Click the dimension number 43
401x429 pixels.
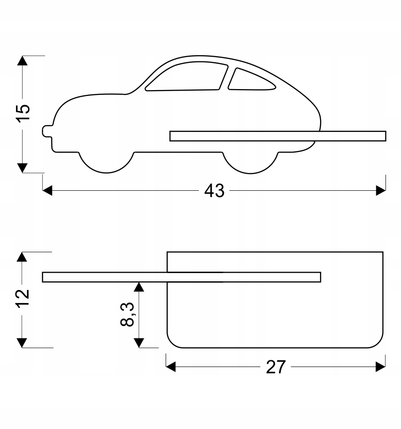[x=214, y=191]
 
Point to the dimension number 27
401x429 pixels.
[x=276, y=368]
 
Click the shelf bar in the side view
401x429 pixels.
[x=278, y=136]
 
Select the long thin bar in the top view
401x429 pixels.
[x=182, y=277]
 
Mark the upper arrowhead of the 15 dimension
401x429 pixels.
[x=22, y=61]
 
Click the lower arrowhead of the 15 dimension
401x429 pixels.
[x=22, y=168]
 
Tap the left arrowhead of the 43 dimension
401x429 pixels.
[x=47, y=191]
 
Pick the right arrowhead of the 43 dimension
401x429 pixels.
[x=381, y=191]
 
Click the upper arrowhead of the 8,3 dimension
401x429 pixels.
[x=139, y=287]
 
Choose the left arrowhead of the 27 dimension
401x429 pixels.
[x=170, y=368]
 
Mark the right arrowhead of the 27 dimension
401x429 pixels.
[x=381, y=368]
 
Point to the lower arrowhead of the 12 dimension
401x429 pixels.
[x=22, y=343]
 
